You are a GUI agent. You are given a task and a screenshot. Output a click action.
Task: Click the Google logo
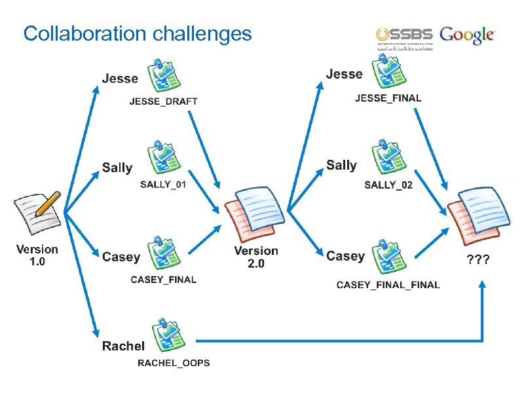click(468, 35)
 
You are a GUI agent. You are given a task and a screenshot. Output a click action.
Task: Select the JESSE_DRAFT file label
click(163, 102)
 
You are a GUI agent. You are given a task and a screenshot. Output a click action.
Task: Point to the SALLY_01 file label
click(163, 185)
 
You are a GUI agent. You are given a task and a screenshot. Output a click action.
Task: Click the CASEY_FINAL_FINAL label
click(388, 285)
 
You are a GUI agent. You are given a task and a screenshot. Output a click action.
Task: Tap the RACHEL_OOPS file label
click(174, 363)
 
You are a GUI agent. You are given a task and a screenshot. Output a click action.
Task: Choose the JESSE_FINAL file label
click(388, 98)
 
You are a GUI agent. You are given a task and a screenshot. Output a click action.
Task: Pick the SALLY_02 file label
click(388, 185)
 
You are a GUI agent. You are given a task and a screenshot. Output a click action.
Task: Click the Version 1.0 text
click(37, 255)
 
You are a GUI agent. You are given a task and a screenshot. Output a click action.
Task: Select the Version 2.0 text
click(256, 257)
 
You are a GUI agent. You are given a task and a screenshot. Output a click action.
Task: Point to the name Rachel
click(123, 346)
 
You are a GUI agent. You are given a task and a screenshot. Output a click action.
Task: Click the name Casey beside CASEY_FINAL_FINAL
click(345, 256)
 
